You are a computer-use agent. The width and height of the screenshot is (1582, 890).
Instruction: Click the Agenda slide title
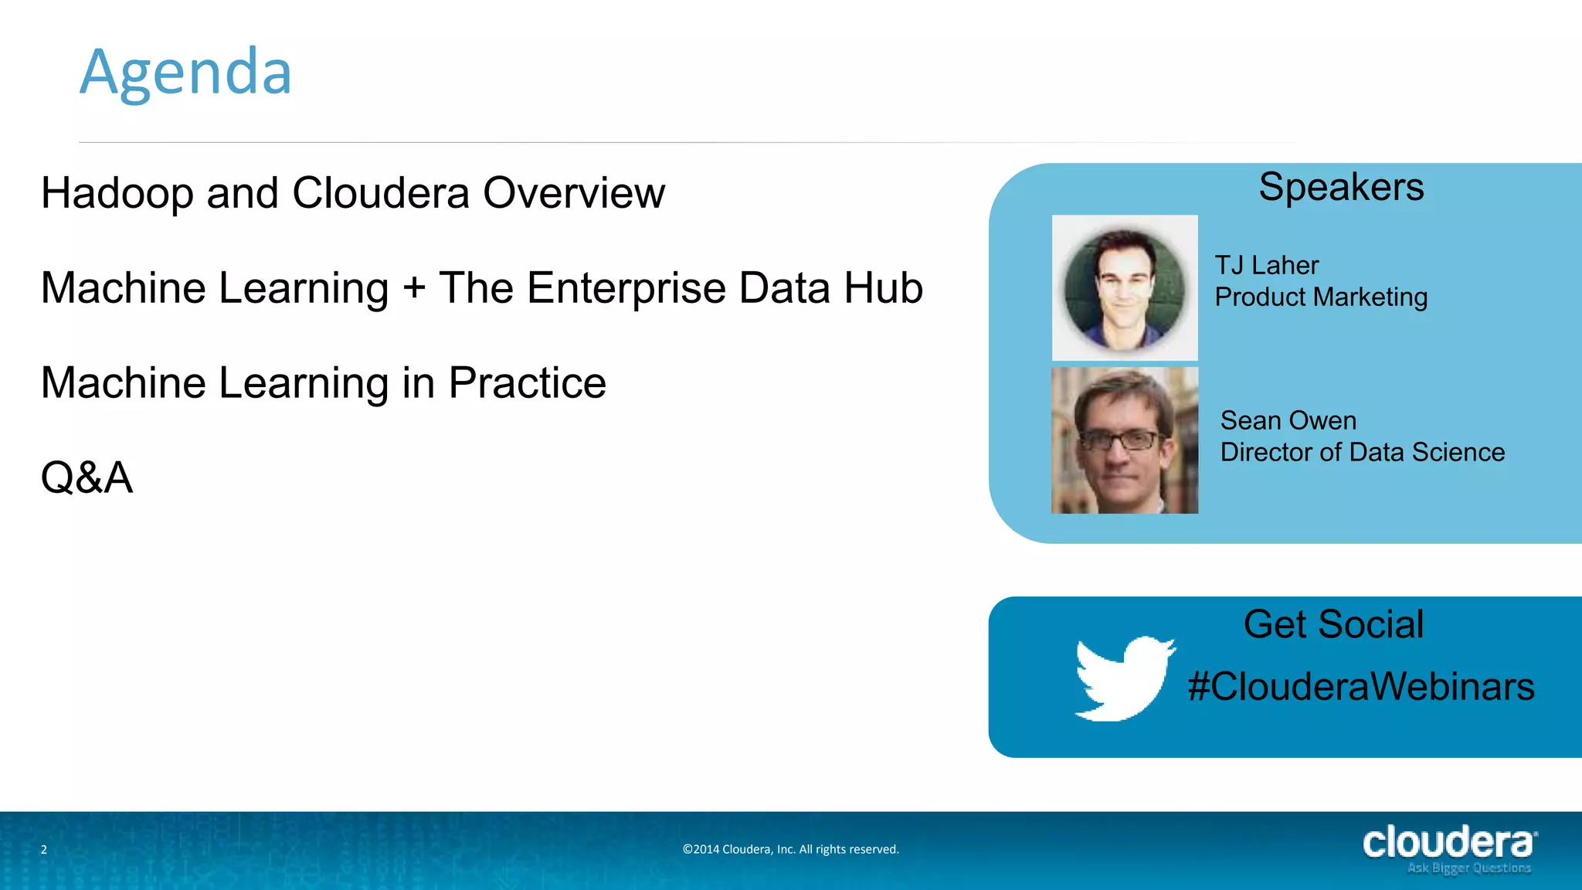pos(185,73)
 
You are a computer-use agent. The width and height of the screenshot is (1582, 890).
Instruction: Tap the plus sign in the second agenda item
pos(414,288)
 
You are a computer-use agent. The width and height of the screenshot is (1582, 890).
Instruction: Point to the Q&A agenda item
pos(87,477)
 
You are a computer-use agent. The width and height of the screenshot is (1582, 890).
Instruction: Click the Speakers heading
pos(1341,187)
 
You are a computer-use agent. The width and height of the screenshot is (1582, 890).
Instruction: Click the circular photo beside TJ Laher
pos(1125,288)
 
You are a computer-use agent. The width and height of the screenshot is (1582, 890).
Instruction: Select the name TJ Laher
pos(1267,266)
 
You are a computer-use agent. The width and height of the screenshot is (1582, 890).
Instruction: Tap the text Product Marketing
pos(1321,297)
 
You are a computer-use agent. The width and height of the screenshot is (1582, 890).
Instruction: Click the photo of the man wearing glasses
pos(1125,440)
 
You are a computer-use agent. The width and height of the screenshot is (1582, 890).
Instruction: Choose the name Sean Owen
pos(1288,421)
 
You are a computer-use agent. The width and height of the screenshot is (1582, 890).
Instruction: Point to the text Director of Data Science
pos(1363,453)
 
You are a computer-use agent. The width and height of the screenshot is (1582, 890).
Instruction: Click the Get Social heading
pos(1333,624)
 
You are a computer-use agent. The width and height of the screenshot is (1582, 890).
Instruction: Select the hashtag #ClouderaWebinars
pos(1361,687)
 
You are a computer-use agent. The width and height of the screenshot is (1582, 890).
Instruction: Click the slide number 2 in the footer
pos(44,849)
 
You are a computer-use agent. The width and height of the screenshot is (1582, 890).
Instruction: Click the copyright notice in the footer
pos(790,849)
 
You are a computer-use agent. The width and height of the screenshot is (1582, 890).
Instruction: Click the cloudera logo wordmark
pos(1448,841)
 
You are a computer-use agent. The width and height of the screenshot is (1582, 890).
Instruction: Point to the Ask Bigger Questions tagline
pos(1468,868)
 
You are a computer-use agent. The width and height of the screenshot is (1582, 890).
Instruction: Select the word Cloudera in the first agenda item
pos(381,193)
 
